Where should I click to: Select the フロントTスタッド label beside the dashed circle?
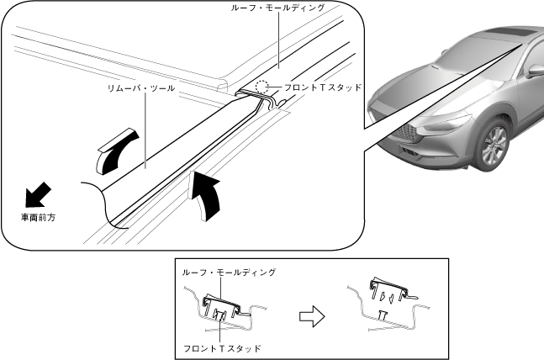tap(324, 87)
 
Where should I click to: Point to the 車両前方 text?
tap(40, 216)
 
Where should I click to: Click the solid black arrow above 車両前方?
tap(36, 195)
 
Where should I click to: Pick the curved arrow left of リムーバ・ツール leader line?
tap(116, 149)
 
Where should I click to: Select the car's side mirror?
tap(535, 71)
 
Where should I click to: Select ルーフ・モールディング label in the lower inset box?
tap(229, 273)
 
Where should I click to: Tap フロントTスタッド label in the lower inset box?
tap(222, 347)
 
